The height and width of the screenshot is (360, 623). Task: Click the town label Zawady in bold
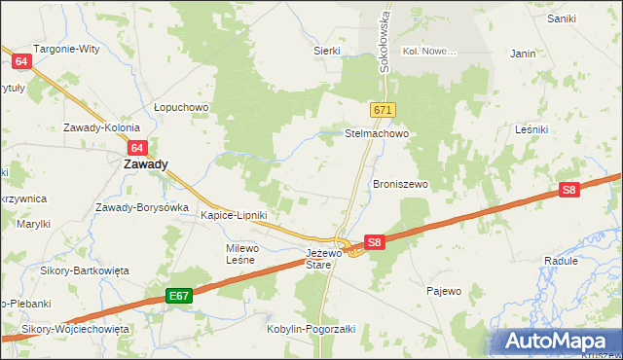coord(145,164)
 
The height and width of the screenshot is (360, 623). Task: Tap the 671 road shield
coord(383,111)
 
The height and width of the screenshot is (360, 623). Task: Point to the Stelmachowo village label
coord(375,134)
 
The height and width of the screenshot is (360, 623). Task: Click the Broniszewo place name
coord(401,184)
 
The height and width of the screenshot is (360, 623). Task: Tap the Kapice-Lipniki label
coord(234,215)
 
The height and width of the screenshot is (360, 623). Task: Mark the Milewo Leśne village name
coord(240,254)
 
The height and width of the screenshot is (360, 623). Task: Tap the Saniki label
coord(562,18)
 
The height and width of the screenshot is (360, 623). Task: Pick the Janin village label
coord(523,54)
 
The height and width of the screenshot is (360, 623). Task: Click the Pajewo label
coord(444,290)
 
